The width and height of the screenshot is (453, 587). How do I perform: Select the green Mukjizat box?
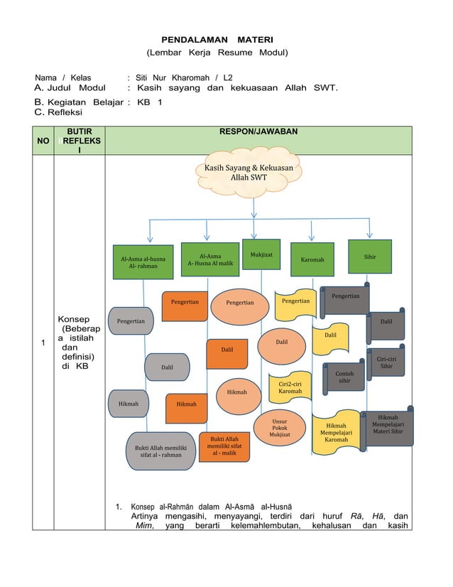[256, 254]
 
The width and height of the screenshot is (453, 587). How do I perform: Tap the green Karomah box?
[312, 259]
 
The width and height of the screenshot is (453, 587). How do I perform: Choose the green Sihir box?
[369, 257]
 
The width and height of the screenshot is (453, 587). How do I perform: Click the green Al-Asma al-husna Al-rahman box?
[143, 262]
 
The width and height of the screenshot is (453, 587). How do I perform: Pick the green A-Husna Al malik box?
[209, 259]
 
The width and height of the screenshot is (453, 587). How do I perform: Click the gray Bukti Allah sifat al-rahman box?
[160, 451]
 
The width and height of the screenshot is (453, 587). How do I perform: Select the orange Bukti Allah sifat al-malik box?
[224, 446]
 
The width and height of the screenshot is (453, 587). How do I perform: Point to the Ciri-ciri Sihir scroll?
[386, 362]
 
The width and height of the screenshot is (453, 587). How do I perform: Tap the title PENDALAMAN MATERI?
[217, 40]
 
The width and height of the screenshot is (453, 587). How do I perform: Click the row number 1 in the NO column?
[43, 344]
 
